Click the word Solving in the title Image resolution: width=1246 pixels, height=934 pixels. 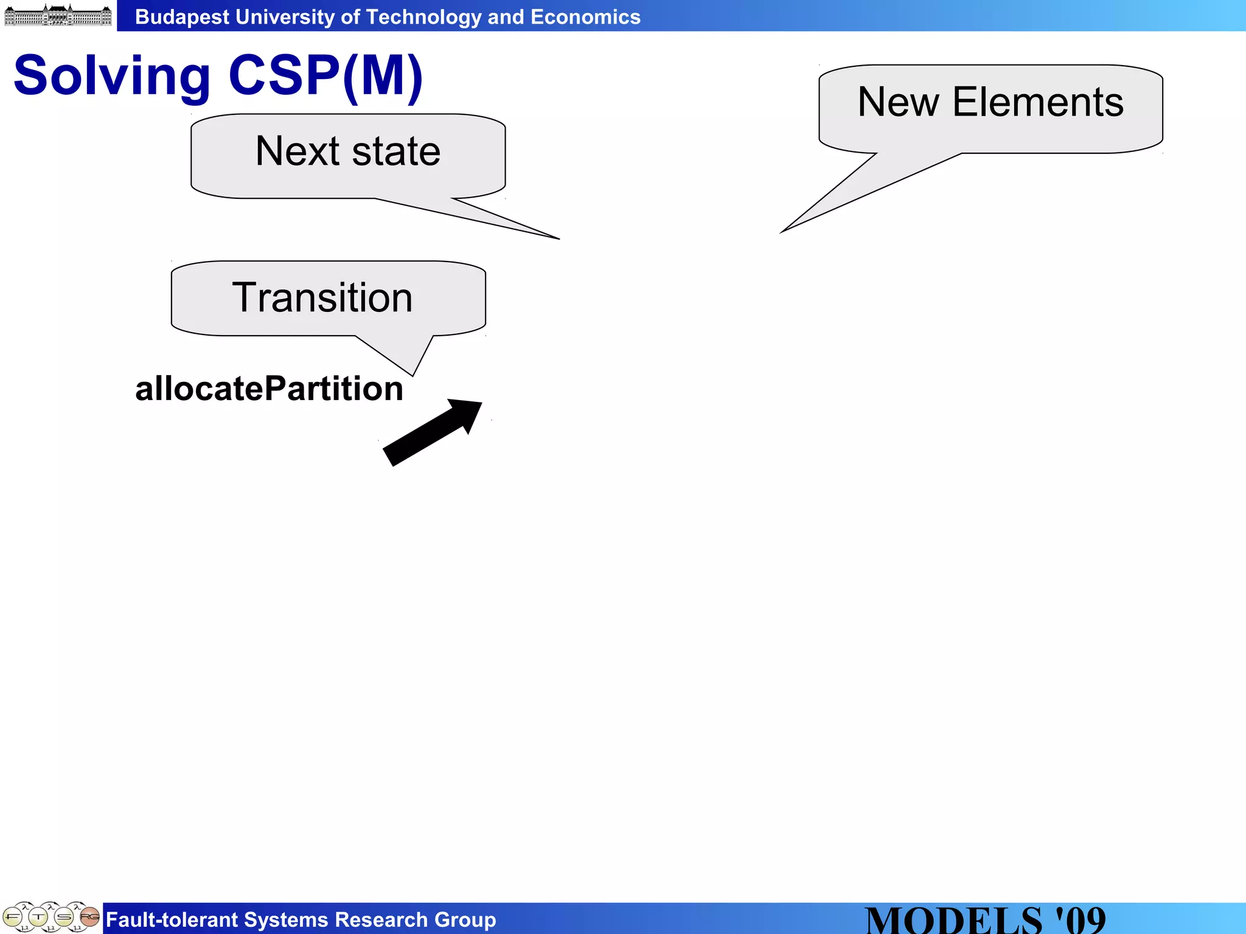(112, 77)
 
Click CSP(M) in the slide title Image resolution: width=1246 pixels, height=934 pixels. (325, 75)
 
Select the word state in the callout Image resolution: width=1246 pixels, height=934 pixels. (396, 151)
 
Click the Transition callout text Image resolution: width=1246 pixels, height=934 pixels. (322, 298)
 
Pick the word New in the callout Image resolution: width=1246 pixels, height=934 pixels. (898, 102)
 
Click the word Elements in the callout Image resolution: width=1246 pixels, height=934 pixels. (1038, 102)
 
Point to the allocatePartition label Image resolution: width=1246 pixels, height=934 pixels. (269, 389)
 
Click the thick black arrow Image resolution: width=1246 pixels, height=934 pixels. (433, 432)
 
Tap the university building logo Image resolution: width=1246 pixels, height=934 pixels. (58, 15)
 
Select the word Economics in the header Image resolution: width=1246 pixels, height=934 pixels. (585, 17)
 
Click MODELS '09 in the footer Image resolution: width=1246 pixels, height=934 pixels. (985, 919)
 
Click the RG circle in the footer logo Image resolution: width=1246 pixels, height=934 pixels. (89, 916)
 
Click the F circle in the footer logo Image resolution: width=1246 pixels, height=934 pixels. (13, 916)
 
